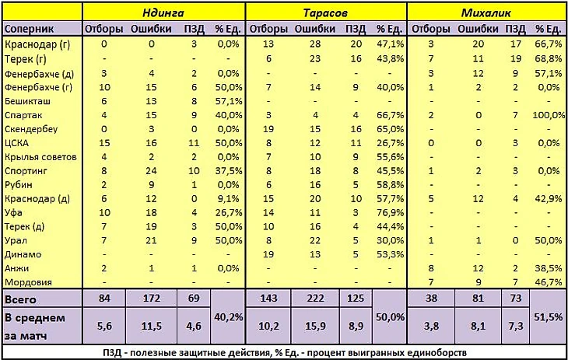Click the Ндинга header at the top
pyautogui.click(x=163, y=12)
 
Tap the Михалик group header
pyautogui.click(x=486, y=12)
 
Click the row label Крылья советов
pyautogui.click(x=40, y=157)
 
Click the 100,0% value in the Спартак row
pyautogui.click(x=548, y=115)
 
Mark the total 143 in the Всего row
pyautogui.click(x=268, y=299)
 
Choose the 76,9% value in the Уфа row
pyautogui.click(x=388, y=212)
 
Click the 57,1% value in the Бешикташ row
pyautogui.click(x=228, y=101)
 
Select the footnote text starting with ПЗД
pyautogui.click(x=283, y=352)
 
